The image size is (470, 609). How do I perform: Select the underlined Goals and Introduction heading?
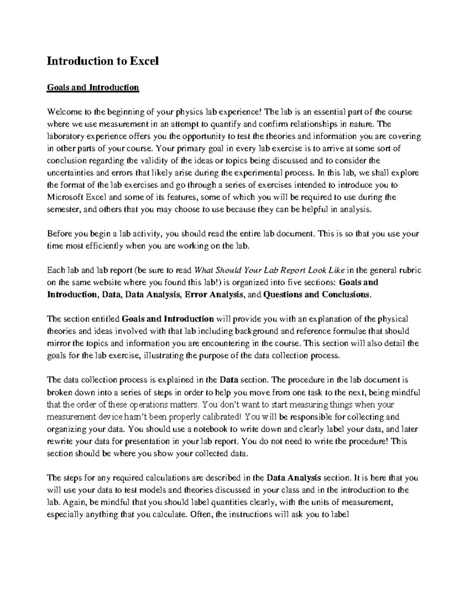click(93, 87)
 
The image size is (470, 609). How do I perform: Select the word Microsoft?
click(65, 197)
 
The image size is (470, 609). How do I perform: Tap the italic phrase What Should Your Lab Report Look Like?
click(269, 271)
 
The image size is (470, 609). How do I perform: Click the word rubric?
click(410, 271)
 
